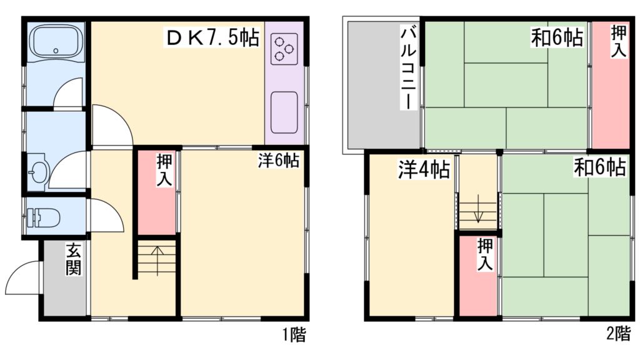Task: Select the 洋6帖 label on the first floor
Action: [x=279, y=161]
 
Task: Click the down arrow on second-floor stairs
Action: [x=479, y=209]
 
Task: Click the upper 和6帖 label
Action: [x=557, y=37]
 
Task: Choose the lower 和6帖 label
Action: [x=601, y=167]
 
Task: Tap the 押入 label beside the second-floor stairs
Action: [x=485, y=254]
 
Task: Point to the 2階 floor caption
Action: [x=618, y=334]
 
